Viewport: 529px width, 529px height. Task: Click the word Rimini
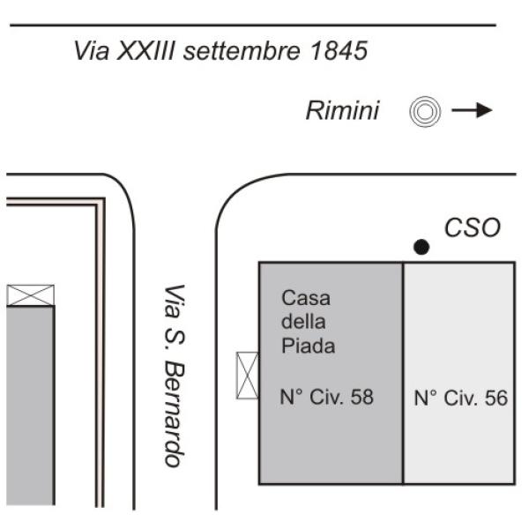pos(342,111)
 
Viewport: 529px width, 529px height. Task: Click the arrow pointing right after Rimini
pos(472,111)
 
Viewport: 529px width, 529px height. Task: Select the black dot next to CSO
pos(421,248)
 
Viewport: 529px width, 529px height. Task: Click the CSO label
pos(472,228)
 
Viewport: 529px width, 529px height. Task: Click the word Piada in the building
pos(308,346)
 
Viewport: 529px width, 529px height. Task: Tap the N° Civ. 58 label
pos(326,398)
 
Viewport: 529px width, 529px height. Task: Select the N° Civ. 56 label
pos(460,399)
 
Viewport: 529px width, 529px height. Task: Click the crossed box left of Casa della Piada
pos(248,375)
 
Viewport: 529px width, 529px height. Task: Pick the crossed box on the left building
pos(31,295)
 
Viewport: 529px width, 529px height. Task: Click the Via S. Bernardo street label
pos(175,376)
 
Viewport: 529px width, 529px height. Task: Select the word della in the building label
pos(302,322)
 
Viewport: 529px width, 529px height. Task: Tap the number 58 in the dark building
pos(361,398)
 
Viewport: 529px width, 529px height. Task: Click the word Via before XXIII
pos(92,51)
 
